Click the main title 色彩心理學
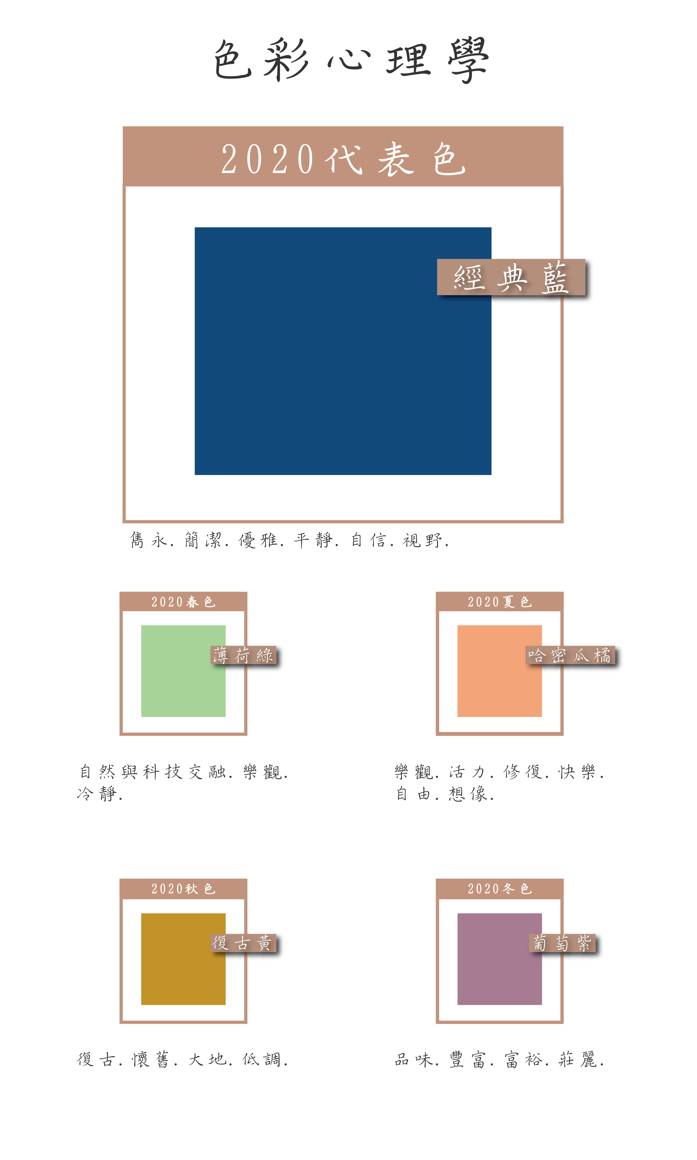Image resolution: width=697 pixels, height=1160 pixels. click(x=351, y=60)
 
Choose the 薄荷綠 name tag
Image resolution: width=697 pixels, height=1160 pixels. click(x=243, y=655)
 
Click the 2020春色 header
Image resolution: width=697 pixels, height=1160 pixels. click(x=183, y=602)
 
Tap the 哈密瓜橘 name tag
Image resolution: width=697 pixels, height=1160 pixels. click(x=570, y=655)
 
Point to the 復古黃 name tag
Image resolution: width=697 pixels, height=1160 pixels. click(x=243, y=943)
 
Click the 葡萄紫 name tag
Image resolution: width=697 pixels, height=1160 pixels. click(x=562, y=943)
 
